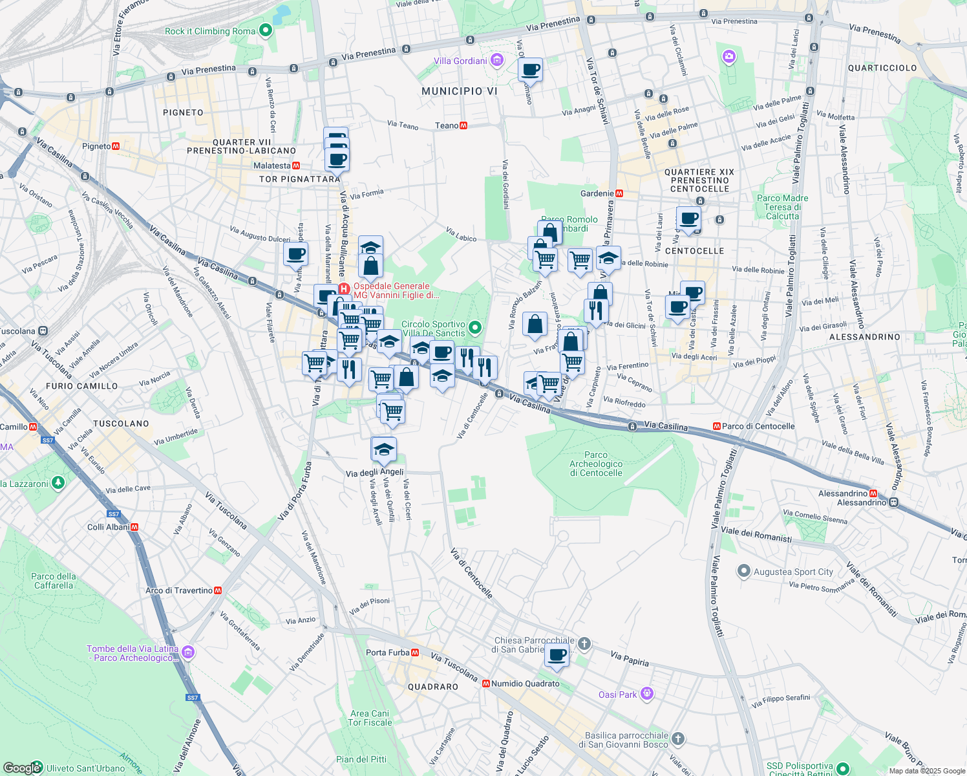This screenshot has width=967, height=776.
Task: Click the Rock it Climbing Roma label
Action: [x=210, y=31]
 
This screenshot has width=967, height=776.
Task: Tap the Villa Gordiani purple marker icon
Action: [x=496, y=61]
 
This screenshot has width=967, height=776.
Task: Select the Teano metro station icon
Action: [x=463, y=125]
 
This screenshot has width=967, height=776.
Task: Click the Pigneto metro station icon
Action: [x=116, y=146]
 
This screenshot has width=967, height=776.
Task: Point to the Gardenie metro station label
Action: [x=597, y=193]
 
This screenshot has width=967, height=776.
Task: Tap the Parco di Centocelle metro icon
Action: [x=716, y=426]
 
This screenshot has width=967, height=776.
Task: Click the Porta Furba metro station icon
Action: [x=415, y=652]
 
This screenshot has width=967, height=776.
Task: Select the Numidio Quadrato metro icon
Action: [x=485, y=684]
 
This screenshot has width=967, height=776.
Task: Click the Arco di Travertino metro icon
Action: [x=218, y=590]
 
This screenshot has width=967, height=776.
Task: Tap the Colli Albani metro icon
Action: [x=134, y=527]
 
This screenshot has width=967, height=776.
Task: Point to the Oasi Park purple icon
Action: [x=647, y=695]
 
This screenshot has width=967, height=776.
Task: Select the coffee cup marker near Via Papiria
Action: [x=557, y=655]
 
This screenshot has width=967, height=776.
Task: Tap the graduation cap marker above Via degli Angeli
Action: [x=384, y=449]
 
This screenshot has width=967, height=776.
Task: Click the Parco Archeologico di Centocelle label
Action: [x=596, y=464]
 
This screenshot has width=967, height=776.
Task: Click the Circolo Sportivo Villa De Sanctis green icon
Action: [x=475, y=328]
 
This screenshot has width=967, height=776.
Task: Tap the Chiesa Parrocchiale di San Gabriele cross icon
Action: [x=584, y=643]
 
